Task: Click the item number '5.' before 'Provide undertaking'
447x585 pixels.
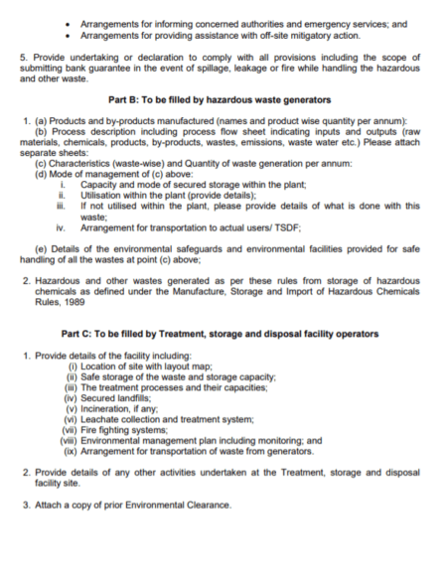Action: pyautogui.click(x=24, y=58)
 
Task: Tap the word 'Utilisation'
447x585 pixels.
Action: pyautogui.click(x=105, y=196)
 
